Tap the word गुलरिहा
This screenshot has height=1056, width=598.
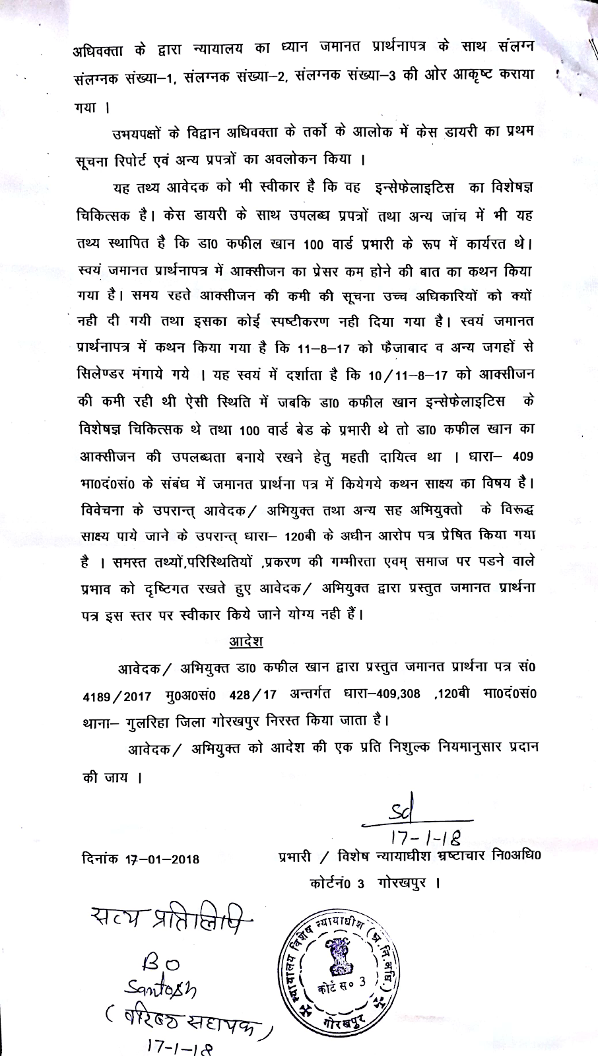point(157,718)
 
